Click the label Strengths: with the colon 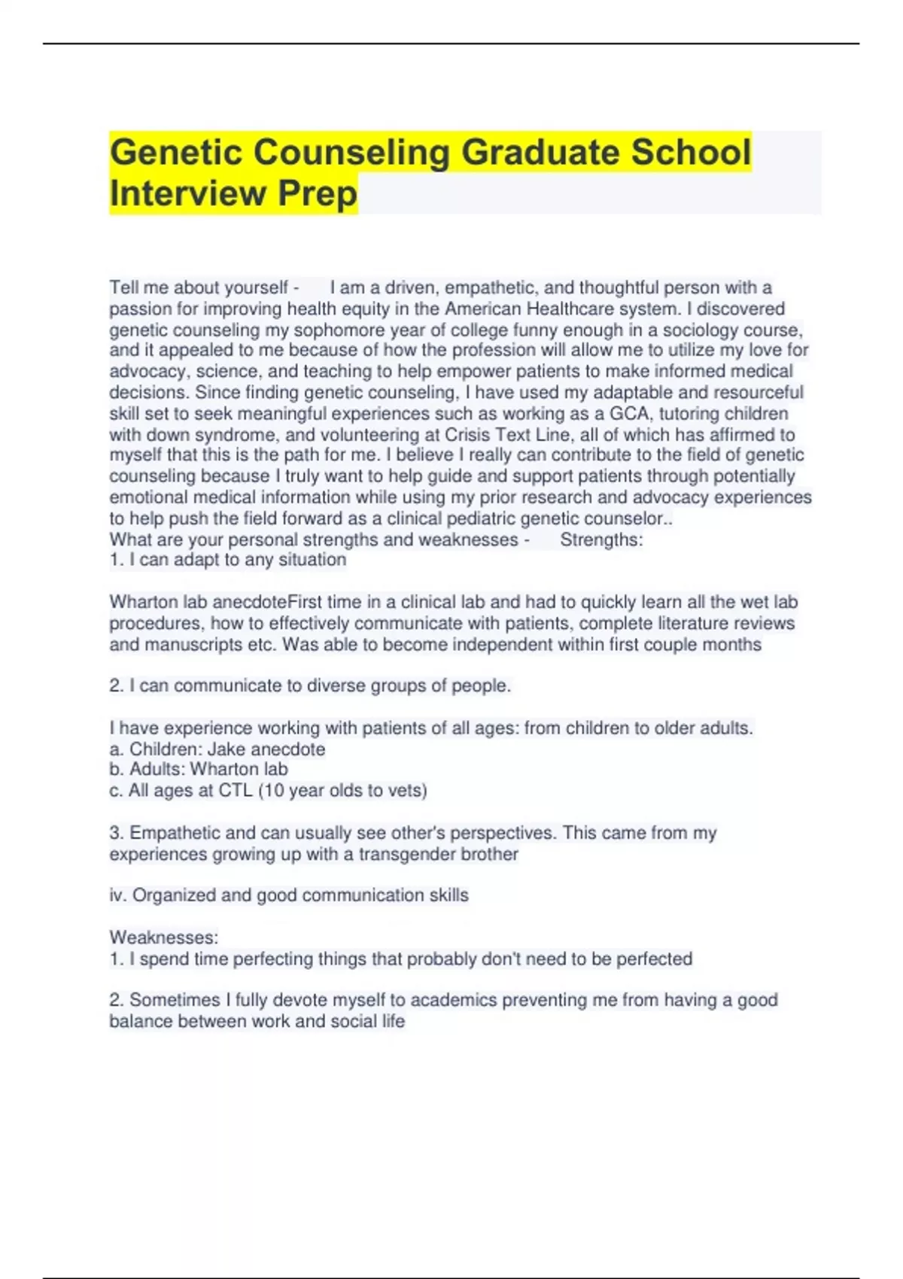click(x=601, y=539)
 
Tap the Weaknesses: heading click(x=164, y=937)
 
